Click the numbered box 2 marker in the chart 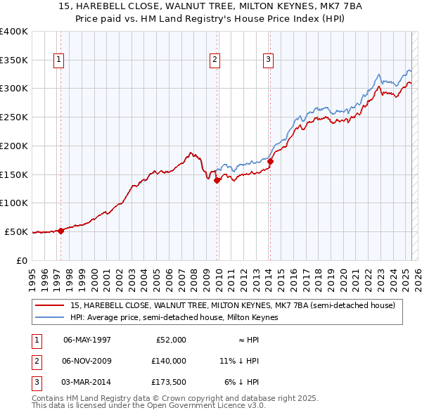[x=214, y=60]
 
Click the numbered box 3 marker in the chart [x=268, y=60]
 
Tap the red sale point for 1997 [x=61, y=230]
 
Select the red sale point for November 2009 [x=217, y=180]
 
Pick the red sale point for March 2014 [x=270, y=161]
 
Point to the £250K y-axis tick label [x=13, y=117]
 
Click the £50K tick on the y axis [x=16, y=231]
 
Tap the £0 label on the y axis [x=23, y=260]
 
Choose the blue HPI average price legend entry [x=174, y=317]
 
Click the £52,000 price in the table [x=170, y=340]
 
